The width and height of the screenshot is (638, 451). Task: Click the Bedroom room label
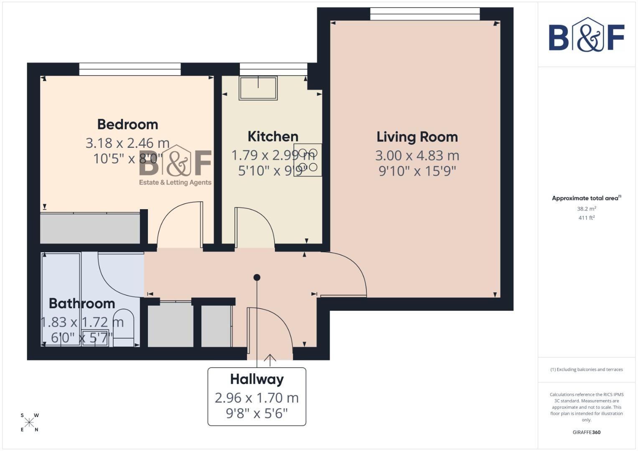[x=127, y=124]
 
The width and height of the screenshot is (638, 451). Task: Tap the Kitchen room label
[x=273, y=137]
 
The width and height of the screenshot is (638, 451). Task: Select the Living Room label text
[x=417, y=137]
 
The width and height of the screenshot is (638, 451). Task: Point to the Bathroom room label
[x=82, y=303]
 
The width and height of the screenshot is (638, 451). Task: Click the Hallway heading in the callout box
[x=257, y=379]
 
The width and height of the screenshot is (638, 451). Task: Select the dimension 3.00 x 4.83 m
[x=417, y=155]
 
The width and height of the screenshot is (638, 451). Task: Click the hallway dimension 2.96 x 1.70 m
[x=257, y=398]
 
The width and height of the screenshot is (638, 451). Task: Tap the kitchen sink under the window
[x=258, y=88]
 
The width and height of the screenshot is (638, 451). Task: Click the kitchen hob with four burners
[x=308, y=160]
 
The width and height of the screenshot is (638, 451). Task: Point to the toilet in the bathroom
[x=123, y=328]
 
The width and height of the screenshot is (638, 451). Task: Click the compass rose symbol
[x=29, y=423]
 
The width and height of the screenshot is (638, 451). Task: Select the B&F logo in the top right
[x=586, y=35]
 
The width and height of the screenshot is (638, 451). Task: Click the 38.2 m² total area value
[x=586, y=209]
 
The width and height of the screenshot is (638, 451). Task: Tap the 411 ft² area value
[x=586, y=218]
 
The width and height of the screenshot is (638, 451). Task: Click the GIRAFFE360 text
[x=586, y=432]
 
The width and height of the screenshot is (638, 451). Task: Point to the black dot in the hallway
[x=257, y=277]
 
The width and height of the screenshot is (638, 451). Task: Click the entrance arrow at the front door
[x=270, y=359]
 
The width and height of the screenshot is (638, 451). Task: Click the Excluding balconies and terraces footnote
[x=586, y=370]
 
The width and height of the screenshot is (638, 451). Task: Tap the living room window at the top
[x=425, y=14]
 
